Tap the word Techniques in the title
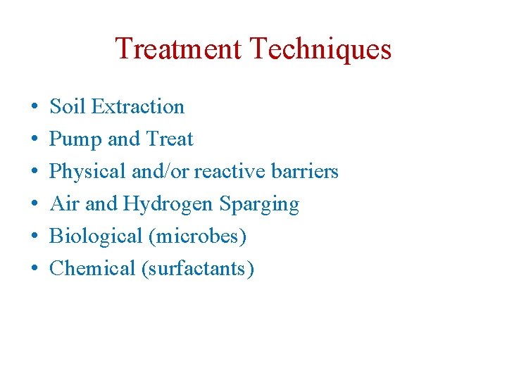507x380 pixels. (x=320, y=49)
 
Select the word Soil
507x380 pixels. (x=67, y=107)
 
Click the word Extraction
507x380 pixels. (x=138, y=107)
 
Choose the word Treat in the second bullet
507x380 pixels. (x=169, y=139)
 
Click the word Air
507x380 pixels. (x=63, y=204)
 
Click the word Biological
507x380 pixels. (x=96, y=236)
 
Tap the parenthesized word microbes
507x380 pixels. (x=197, y=236)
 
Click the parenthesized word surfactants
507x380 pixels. (x=198, y=269)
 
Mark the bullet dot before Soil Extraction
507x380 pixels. (x=35, y=108)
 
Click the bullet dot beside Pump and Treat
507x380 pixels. (x=35, y=140)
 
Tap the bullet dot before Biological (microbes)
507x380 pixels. (x=35, y=237)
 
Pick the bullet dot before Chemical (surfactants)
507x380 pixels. (x=35, y=270)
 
